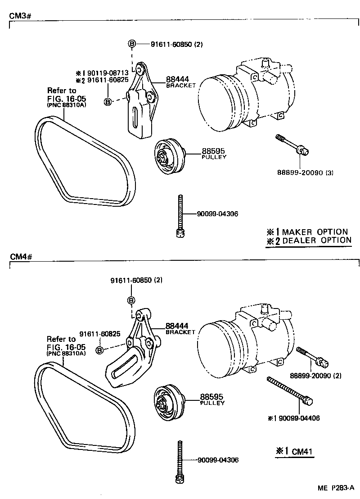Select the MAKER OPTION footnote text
pyautogui.click(x=315, y=231)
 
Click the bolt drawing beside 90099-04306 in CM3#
pyautogui.click(x=180, y=215)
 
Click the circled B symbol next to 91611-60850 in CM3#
pyautogui.click(x=132, y=44)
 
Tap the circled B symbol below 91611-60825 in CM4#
pyautogui.click(x=100, y=349)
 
